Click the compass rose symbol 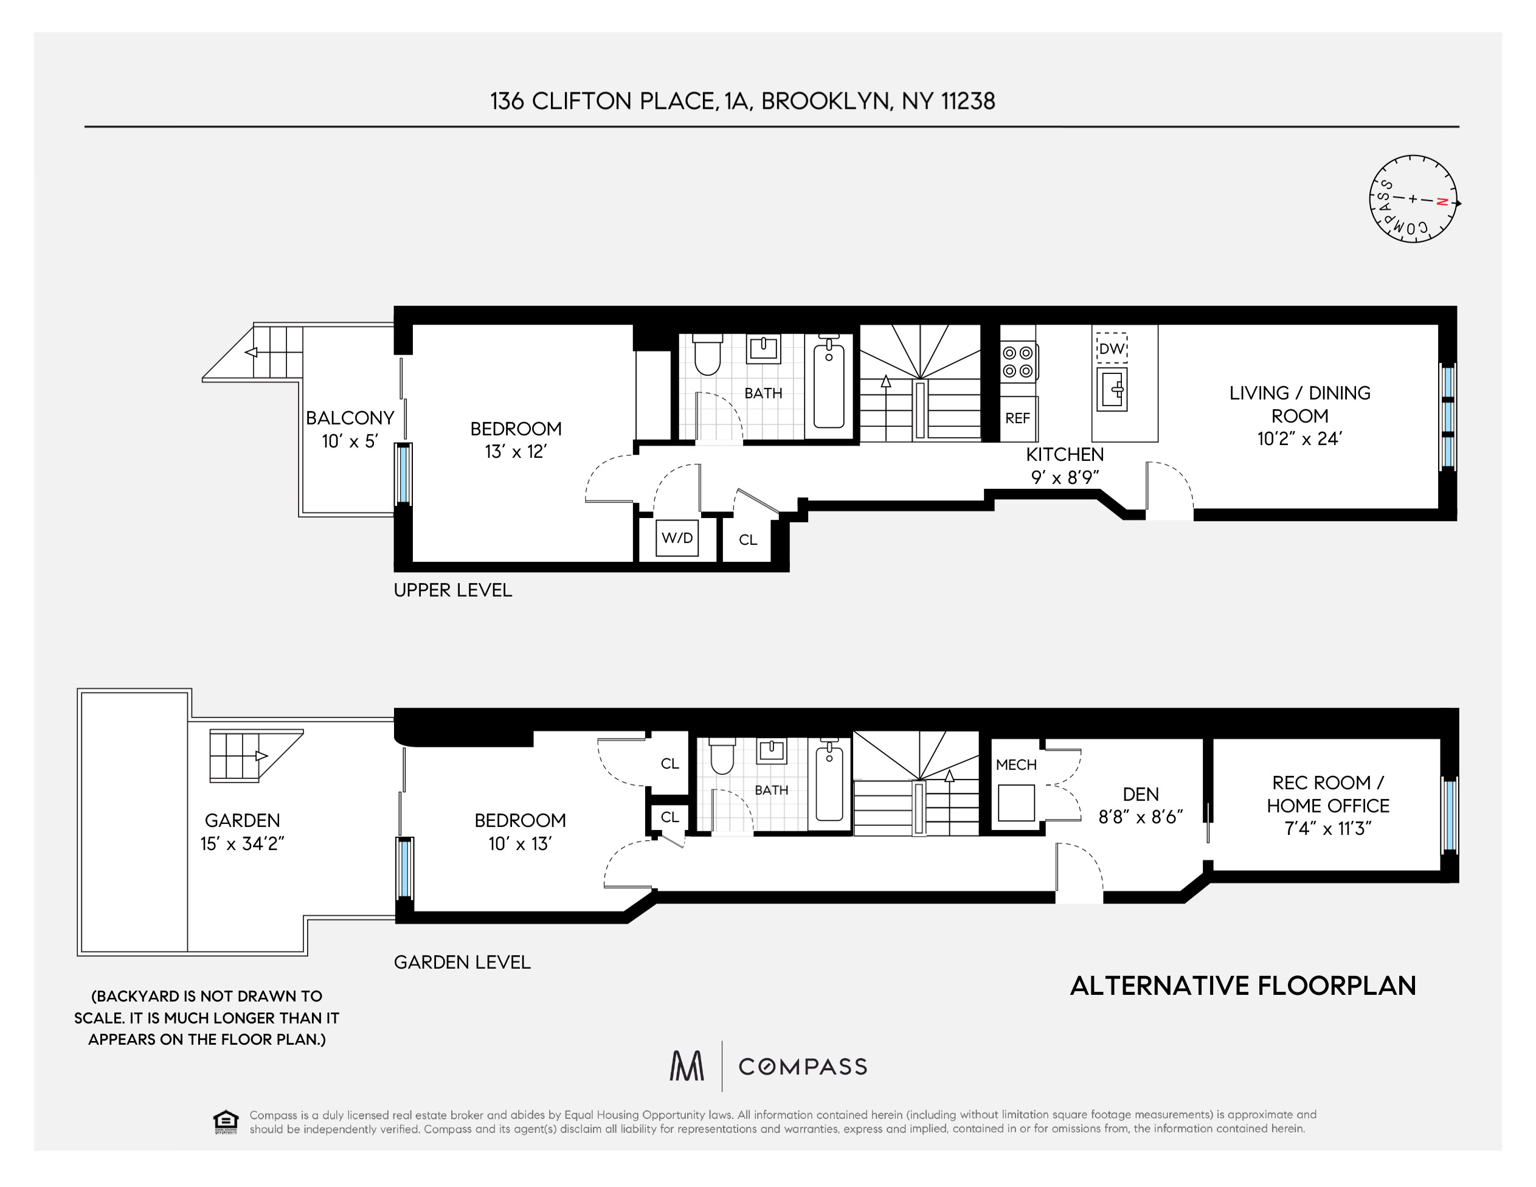(x=1414, y=199)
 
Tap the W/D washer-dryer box (x=677, y=538)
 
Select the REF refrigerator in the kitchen (x=1018, y=418)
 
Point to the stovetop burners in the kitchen (x=1019, y=361)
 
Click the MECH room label (x=1016, y=764)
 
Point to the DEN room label (x=1141, y=794)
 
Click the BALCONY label (x=350, y=418)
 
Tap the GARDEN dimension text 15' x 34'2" (x=242, y=843)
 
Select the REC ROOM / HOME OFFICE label (x=1328, y=794)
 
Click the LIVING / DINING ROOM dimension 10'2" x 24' (x=1299, y=439)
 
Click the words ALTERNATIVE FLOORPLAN (x=1243, y=986)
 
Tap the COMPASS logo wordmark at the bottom (x=803, y=1067)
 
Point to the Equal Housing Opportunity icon (x=226, y=1121)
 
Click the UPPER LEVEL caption (x=453, y=590)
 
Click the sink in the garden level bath (x=771, y=751)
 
